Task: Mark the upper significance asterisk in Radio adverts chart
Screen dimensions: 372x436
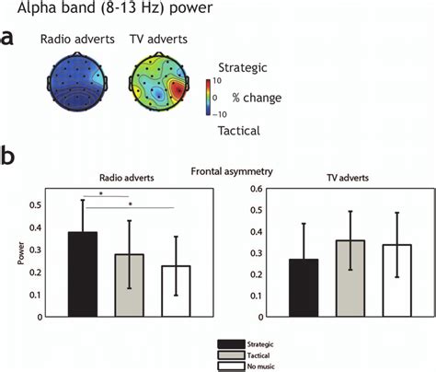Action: click(x=101, y=195)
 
